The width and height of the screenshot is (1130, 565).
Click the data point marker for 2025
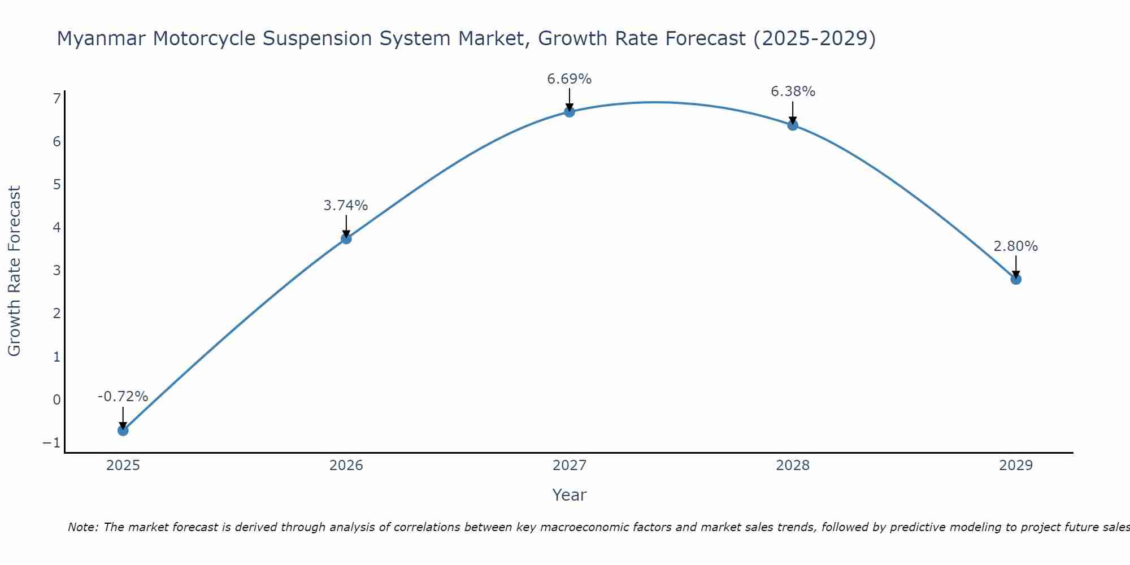(123, 431)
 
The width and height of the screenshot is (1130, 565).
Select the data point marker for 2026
(346, 238)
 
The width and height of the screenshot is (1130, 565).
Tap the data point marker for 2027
(570, 112)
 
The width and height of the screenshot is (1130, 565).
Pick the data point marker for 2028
(793, 125)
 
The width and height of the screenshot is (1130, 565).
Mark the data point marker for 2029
(1016, 279)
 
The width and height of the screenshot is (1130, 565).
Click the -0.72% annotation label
(123, 397)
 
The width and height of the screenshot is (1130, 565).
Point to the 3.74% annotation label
(346, 206)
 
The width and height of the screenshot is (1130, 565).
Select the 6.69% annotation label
(569, 79)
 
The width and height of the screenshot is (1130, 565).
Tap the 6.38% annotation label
(793, 92)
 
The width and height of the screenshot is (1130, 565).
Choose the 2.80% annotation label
(1015, 246)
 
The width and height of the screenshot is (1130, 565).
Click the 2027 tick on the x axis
(570, 466)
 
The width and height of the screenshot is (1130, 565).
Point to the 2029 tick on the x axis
(1016, 466)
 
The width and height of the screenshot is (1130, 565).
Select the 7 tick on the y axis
(56, 99)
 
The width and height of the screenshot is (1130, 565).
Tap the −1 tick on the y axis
(51, 442)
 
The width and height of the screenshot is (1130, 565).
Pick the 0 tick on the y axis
(56, 399)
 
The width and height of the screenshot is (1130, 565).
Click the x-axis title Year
(570, 495)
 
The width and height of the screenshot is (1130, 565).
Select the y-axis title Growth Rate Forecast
(14, 271)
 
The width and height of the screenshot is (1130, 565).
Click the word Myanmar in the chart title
(101, 38)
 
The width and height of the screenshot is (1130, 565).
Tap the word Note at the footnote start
(82, 527)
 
